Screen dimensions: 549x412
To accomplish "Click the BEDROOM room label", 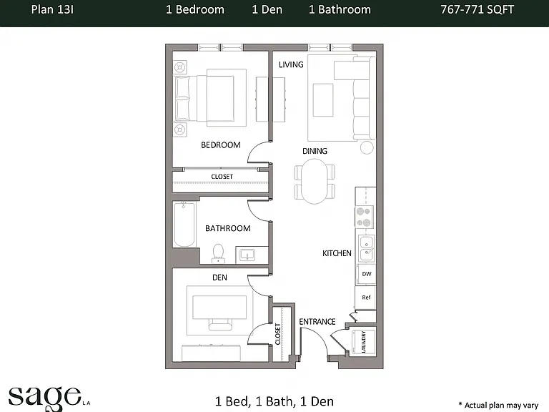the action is tap(221, 145).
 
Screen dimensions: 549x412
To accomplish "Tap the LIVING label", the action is tap(291, 64).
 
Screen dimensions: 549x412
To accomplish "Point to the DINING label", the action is tap(315, 151).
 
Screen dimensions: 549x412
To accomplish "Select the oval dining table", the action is tap(315, 181).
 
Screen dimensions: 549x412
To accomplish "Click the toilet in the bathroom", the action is tap(218, 253).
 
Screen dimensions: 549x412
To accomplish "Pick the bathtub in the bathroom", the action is tap(184, 225).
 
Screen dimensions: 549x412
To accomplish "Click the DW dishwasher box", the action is tap(366, 274).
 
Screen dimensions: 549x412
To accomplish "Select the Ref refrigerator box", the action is tap(365, 298).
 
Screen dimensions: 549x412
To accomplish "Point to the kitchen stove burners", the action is tap(364, 217).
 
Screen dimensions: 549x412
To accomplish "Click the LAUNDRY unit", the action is tap(363, 342).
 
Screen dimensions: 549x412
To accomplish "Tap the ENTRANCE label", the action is tap(317, 322).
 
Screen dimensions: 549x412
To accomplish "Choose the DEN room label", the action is tap(219, 278).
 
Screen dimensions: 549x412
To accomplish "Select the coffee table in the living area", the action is tap(323, 100).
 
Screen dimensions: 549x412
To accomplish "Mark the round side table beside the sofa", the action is tap(367, 147).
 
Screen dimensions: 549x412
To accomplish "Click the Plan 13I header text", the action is tap(52, 9).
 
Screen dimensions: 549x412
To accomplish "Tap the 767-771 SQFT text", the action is tap(478, 9).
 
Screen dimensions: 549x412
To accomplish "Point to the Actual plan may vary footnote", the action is tap(498, 406).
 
